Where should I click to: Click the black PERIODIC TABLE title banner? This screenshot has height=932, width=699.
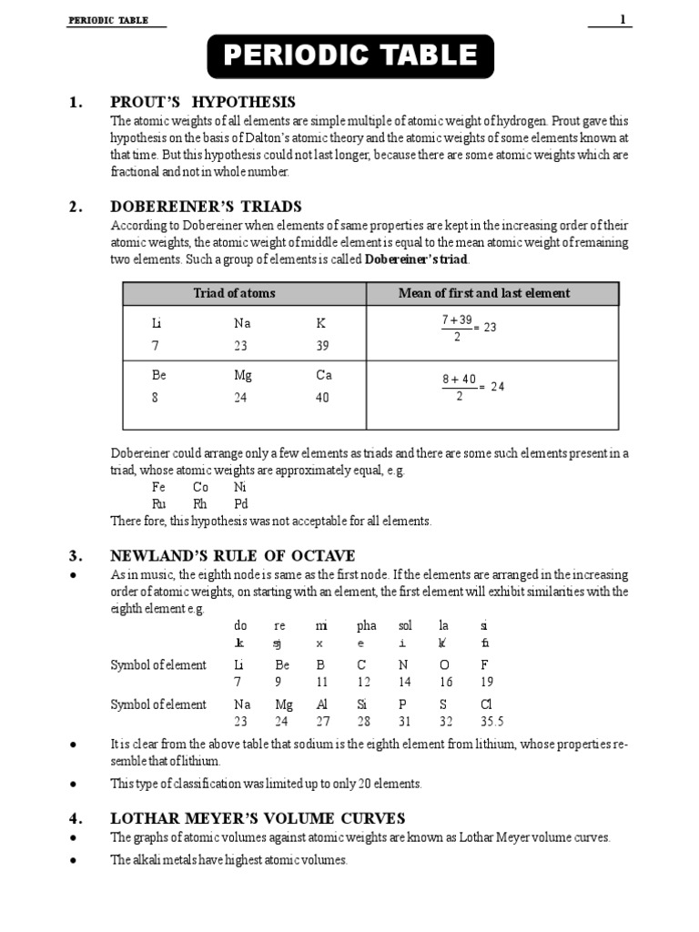click(x=350, y=56)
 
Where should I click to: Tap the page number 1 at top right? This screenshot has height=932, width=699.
click(x=623, y=19)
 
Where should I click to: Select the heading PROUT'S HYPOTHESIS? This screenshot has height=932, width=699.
click(x=202, y=102)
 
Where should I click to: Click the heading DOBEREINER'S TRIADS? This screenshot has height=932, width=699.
click(x=206, y=207)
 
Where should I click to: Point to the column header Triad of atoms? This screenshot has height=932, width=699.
click(x=234, y=293)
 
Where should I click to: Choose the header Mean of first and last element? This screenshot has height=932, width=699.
click(x=484, y=293)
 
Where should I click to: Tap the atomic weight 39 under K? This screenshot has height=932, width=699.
click(x=323, y=346)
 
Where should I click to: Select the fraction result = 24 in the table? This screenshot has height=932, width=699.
click(x=492, y=386)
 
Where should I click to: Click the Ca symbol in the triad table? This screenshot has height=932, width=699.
click(x=324, y=375)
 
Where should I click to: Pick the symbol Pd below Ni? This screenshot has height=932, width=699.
click(x=240, y=503)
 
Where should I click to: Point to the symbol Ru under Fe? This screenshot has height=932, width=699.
click(x=159, y=503)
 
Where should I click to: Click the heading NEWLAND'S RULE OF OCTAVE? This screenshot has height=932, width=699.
click(x=232, y=556)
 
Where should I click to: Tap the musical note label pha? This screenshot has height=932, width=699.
click(x=366, y=626)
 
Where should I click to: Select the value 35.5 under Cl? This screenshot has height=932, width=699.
click(x=491, y=722)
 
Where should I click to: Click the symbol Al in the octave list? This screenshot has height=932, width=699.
click(x=321, y=704)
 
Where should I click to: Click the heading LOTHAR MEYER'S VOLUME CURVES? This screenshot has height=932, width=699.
click(x=258, y=818)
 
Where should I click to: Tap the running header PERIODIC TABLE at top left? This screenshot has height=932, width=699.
click(x=107, y=20)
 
